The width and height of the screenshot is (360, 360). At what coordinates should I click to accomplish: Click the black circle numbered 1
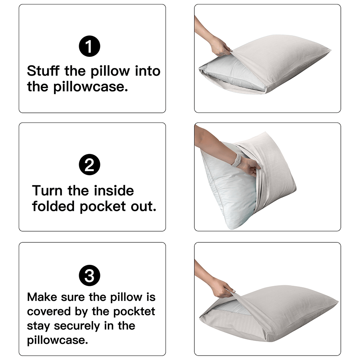point(90,46)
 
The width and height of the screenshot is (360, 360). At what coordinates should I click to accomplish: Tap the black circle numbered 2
point(90,165)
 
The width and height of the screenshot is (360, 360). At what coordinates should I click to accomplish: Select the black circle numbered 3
point(90,276)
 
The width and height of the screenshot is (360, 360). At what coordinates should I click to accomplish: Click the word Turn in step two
point(47,190)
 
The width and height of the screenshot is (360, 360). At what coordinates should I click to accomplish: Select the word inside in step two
point(114,190)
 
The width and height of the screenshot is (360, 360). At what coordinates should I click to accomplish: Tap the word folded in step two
point(54,206)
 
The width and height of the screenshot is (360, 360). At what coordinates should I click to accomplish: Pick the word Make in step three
point(42,297)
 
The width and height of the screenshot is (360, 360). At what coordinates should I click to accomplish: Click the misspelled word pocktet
point(134,312)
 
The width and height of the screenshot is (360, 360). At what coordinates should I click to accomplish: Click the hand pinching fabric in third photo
point(222,288)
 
